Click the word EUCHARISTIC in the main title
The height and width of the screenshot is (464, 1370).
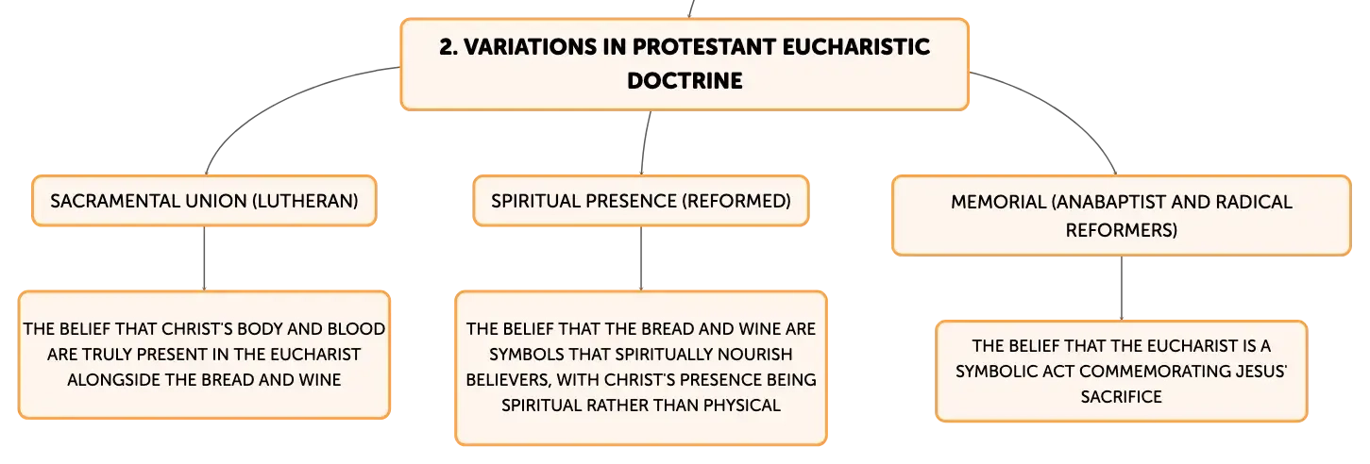point(855,47)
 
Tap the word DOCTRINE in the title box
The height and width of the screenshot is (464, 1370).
point(685,80)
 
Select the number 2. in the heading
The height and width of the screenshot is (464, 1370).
point(448,47)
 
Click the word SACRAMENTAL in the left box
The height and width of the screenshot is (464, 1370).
point(114,201)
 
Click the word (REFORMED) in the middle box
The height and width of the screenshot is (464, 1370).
point(736,201)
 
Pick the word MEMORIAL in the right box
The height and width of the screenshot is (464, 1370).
point(998,202)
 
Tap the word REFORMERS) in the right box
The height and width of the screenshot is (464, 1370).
point(1121,230)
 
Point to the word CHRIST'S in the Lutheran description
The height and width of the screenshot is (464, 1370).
point(196,329)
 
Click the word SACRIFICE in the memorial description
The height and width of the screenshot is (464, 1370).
point(1121,397)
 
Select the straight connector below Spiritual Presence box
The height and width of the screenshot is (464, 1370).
point(641,258)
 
